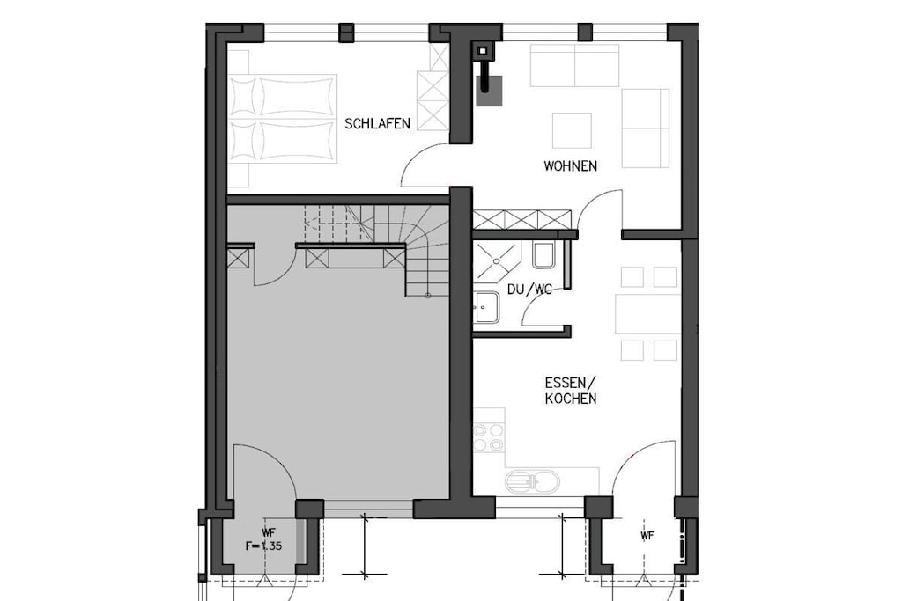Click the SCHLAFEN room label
377,123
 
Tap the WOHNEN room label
571,166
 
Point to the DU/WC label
529,289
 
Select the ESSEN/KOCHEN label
571,391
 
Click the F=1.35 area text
263,546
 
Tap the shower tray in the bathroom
497,261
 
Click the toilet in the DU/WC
543,255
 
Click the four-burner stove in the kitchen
488,438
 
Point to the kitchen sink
532,481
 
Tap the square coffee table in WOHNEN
572,130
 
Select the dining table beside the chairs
648,314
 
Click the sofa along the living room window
574,65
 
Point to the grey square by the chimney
490,91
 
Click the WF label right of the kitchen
647,536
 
